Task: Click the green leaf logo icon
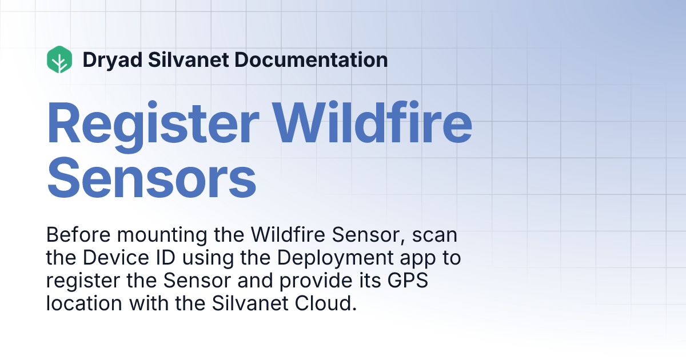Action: pyautogui.click(x=59, y=59)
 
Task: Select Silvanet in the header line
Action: pyautogui.click(x=185, y=59)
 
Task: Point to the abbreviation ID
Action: pyautogui.click(x=159, y=258)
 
